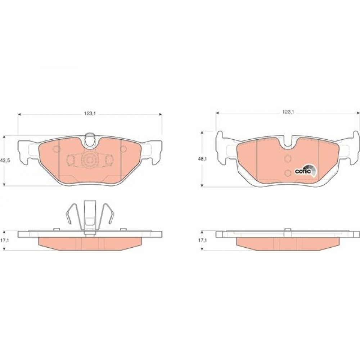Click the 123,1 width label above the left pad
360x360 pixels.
[x=90, y=113]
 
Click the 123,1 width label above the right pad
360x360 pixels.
[x=288, y=112]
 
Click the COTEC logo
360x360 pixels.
[x=306, y=171]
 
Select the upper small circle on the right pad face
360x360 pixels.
[x=288, y=158]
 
